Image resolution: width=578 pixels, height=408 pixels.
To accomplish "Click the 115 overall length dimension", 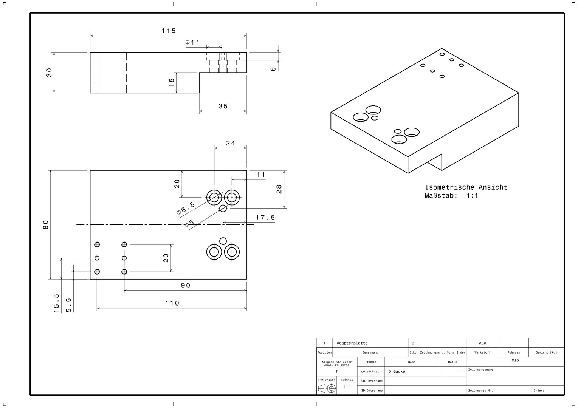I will click(169, 31).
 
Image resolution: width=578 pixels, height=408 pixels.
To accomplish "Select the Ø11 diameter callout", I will click(192, 42).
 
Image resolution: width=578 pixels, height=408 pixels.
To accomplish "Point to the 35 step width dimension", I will click(223, 106).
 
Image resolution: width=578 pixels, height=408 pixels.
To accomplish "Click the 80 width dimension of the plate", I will click(46, 224).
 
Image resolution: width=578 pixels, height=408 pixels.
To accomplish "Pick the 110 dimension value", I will click(172, 303).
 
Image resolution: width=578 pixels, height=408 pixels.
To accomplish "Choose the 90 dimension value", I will click(185, 286).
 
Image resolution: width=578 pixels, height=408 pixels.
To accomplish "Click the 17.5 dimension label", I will click(265, 218).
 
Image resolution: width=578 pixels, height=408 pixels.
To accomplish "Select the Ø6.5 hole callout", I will click(186, 208).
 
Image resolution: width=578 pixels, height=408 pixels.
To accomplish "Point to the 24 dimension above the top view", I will click(230, 143).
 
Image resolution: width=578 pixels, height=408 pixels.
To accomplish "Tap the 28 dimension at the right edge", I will click(279, 189).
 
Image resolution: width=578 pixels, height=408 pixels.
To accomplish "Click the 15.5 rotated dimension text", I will click(57, 303).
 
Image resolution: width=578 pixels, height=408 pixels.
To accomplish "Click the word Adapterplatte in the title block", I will click(352, 343).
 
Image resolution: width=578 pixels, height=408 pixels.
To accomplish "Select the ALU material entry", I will click(482, 343).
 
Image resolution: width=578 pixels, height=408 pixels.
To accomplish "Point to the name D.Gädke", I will click(397, 372).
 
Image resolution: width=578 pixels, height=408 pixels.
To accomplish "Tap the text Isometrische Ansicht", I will click(466, 187).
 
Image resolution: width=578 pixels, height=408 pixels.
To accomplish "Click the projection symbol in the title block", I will click(327, 388).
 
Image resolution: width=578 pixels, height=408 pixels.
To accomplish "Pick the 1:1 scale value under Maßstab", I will click(347, 387).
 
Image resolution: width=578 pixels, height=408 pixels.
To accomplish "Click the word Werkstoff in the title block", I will click(482, 352).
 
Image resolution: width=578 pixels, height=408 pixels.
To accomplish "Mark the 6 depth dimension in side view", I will click(273, 69).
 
